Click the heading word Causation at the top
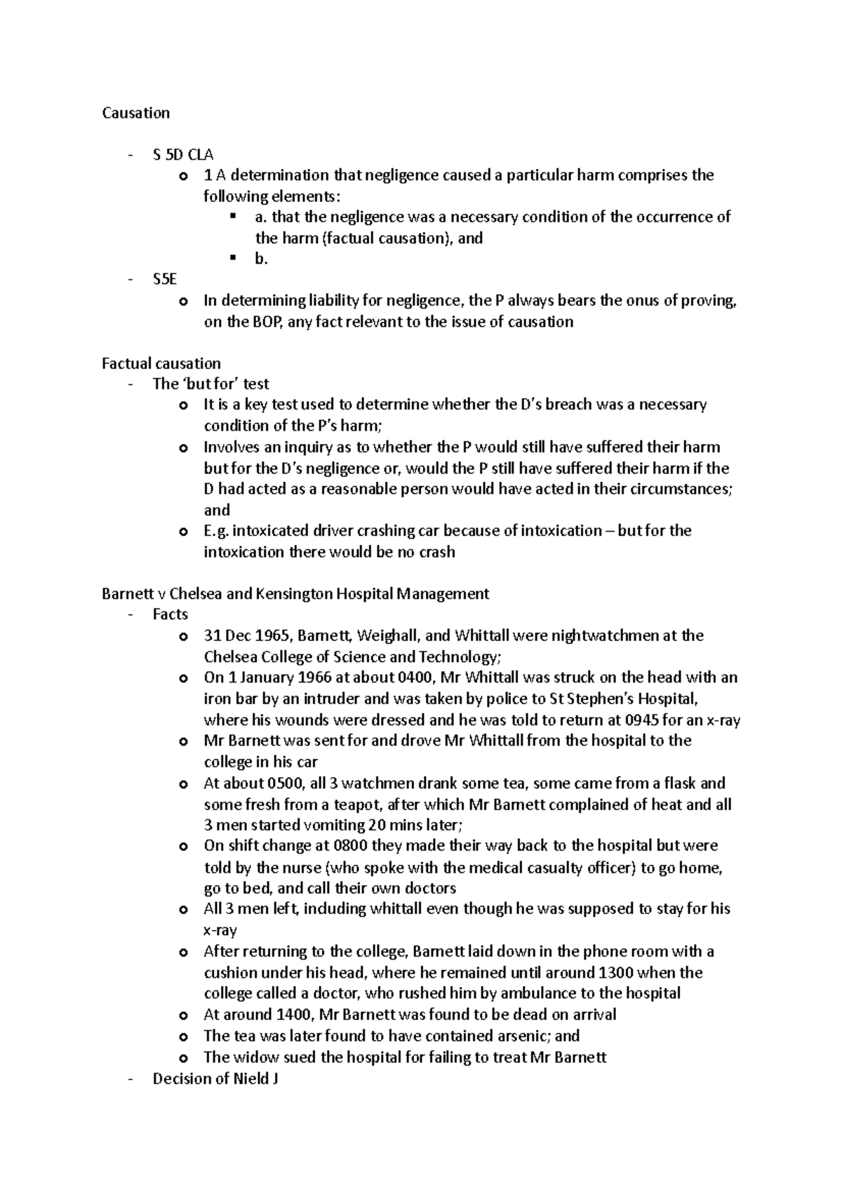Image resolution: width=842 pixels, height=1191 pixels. [135, 113]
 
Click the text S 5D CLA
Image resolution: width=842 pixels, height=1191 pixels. [182, 154]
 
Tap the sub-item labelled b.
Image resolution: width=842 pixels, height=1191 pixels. [262, 259]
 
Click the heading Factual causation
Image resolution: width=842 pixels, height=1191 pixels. [161, 363]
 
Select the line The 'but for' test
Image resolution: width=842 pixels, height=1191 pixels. [210, 384]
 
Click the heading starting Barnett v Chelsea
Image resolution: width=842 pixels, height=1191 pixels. [295, 593]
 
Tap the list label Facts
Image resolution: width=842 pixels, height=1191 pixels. [170, 614]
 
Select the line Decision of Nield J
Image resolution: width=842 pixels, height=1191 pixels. [215, 1079]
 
